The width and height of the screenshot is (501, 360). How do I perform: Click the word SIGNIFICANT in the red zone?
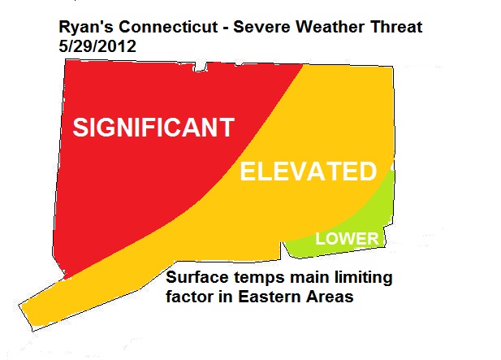pos(153,128)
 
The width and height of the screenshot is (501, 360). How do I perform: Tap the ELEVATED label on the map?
pos(308,172)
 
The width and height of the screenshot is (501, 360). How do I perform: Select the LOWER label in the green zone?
pos(347,238)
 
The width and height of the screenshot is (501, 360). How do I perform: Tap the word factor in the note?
pos(189,297)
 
